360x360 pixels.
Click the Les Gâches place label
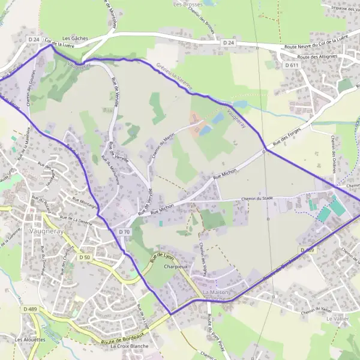[x=75, y=38]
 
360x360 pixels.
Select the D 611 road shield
[x=292, y=65]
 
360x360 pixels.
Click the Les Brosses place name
[x=186, y=4]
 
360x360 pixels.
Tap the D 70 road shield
[x=124, y=232]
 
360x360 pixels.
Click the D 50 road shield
[x=85, y=257]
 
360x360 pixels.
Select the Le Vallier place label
[x=337, y=319]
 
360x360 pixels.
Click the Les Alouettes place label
[x=28, y=340]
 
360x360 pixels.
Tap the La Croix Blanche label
[x=128, y=346]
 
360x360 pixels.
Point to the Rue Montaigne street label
[x=85, y=203]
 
